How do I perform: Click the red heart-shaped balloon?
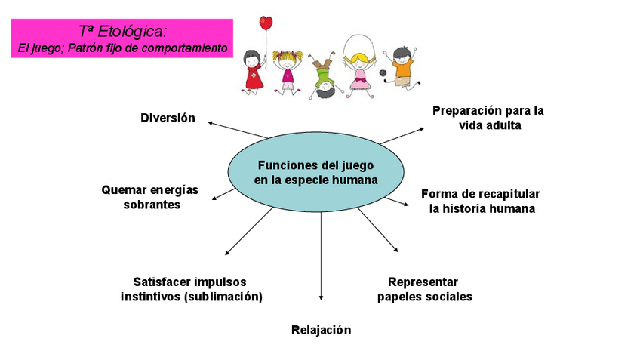coord(266,23)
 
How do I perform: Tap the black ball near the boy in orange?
coord(384,74)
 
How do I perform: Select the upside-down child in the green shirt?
coord(324,75)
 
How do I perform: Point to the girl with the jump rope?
coord(357,64)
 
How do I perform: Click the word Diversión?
coord(168,118)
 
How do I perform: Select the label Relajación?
coord(321,330)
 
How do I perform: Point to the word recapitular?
coord(506,193)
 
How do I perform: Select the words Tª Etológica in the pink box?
coord(122,32)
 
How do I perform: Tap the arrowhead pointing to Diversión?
coord(211,122)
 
